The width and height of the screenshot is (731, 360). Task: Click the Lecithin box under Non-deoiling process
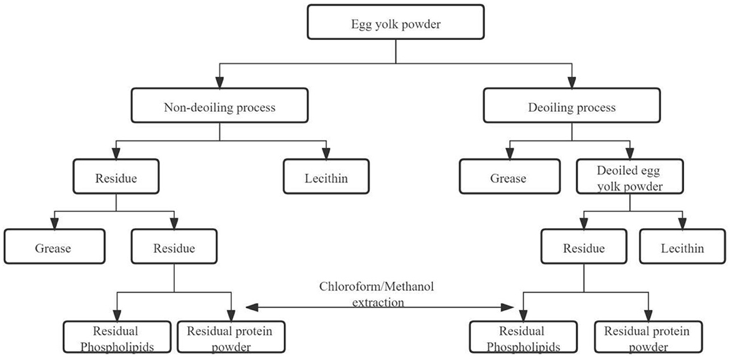click(326, 178)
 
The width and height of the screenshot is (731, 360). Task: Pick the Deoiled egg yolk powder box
click(630, 178)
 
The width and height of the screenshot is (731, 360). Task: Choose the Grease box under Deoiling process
click(507, 178)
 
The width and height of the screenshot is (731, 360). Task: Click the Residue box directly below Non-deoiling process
click(116, 178)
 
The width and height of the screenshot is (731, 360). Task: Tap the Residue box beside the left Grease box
click(174, 248)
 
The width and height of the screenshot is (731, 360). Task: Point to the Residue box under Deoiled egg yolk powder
click(584, 248)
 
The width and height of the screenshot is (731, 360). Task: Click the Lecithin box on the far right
click(682, 248)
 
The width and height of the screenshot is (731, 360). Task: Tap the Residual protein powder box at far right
click(649, 338)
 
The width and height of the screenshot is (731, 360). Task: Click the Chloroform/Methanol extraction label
click(376, 294)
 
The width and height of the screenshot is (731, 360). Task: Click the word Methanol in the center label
click(405, 287)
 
